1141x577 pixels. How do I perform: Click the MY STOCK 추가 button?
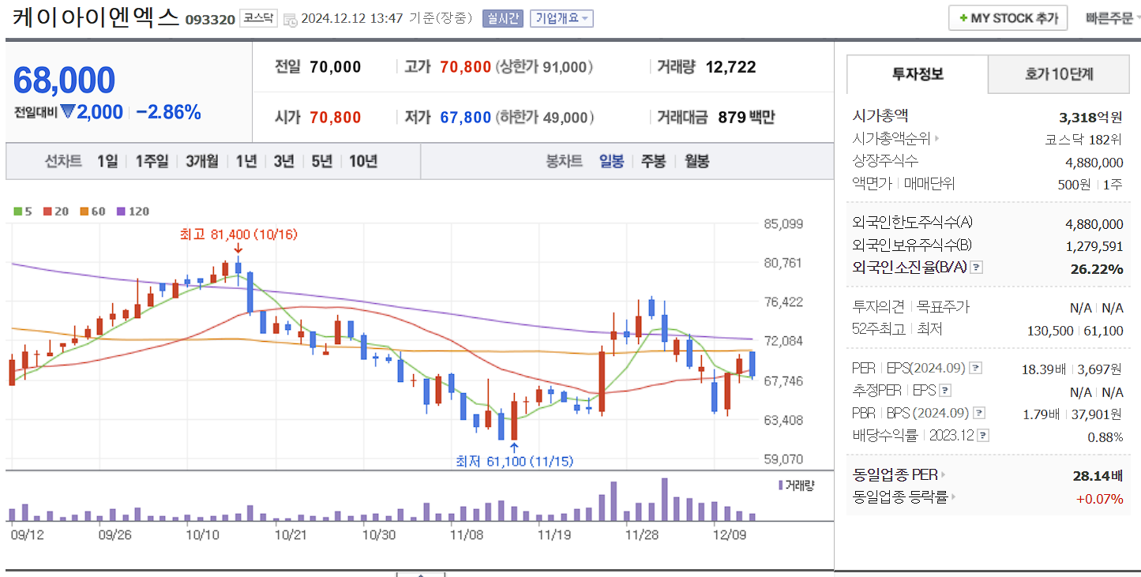1008,17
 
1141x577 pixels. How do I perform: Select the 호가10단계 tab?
1059,74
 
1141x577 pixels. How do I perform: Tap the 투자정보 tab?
918,74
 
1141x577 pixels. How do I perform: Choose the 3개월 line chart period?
202,161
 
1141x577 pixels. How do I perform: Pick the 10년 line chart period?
362,161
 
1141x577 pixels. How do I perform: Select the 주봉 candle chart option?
653,161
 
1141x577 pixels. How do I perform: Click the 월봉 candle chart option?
696,161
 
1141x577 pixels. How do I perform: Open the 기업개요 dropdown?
561,18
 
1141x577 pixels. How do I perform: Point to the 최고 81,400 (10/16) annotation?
238,234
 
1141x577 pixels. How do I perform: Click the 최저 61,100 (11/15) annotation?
514,461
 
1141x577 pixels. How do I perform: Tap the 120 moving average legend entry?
133,212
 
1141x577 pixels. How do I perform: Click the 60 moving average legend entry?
93,212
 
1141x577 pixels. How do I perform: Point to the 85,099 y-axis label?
783,224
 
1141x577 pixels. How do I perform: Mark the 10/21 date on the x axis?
290,534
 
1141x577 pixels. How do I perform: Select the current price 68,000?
64,81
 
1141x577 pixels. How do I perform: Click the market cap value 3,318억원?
1090,118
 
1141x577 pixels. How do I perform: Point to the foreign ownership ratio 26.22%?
1096,269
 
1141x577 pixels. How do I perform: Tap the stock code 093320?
210,19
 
